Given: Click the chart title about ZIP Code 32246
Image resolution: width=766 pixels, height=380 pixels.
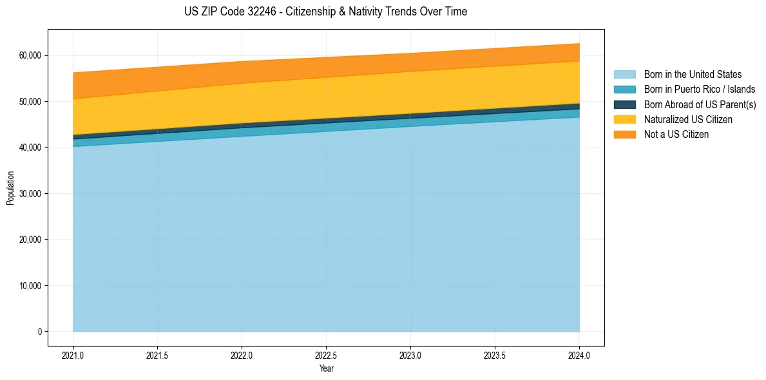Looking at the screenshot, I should click(325, 12).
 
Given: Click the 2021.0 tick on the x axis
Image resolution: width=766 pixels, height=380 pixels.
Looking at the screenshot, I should click(73, 355).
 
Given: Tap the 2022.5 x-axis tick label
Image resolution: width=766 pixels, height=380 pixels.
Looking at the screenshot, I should click(326, 355).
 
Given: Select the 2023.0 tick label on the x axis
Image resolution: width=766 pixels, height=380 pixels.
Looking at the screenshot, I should click(410, 355).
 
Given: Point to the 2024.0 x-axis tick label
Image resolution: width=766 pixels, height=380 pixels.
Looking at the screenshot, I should click(579, 355).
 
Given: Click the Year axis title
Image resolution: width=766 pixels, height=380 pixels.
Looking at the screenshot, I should click(326, 368).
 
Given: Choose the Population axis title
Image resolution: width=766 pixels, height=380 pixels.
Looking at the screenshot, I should click(10, 188).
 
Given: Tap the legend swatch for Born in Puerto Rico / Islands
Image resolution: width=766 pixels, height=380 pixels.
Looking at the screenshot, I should click(624, 90).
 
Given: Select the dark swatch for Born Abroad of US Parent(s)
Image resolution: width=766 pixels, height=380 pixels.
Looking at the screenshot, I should click(624, 104).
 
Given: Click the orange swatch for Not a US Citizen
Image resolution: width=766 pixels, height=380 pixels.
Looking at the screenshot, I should click(624, 134).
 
